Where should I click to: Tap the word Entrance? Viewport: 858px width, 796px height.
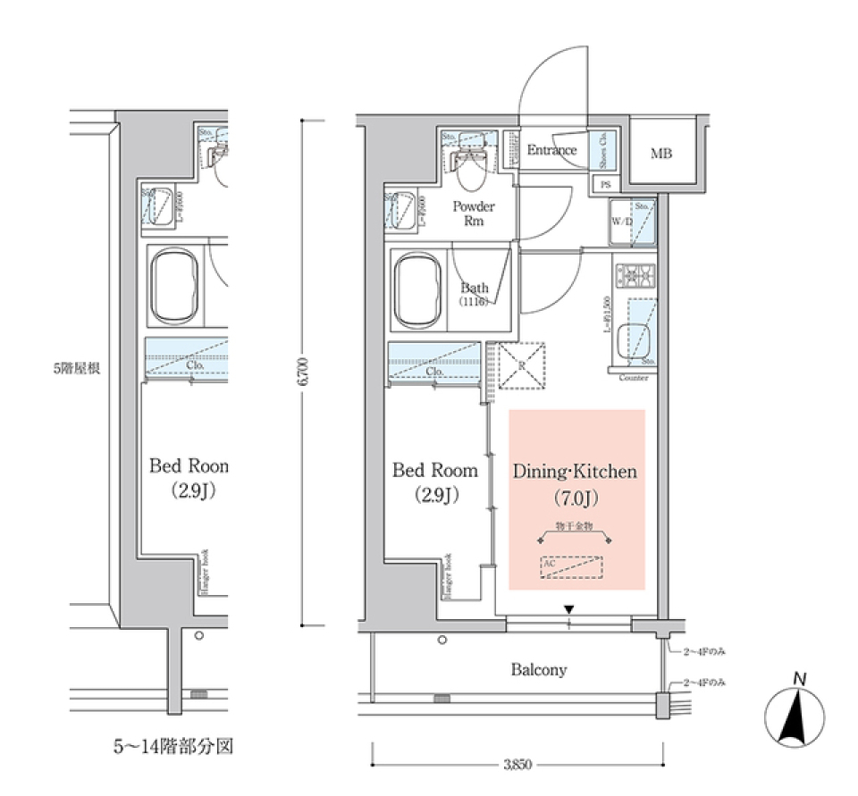pos(551,150)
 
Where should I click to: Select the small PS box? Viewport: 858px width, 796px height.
pos(605,185)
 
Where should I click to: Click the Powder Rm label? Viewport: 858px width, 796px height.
pos(473,214)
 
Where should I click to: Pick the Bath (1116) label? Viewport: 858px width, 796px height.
pos(474,294)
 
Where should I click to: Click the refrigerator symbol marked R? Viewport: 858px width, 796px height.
pos(521,365)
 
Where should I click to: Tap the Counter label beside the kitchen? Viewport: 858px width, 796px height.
pos(634,378)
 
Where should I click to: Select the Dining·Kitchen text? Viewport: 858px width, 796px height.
pos(575,471)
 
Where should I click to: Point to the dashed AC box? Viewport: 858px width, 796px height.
pos(572,567)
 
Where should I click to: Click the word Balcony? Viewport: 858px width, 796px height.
pos(538,669)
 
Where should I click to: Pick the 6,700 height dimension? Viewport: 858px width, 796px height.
pos(304,371)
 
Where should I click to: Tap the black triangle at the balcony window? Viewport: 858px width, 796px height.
pos(568,609)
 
